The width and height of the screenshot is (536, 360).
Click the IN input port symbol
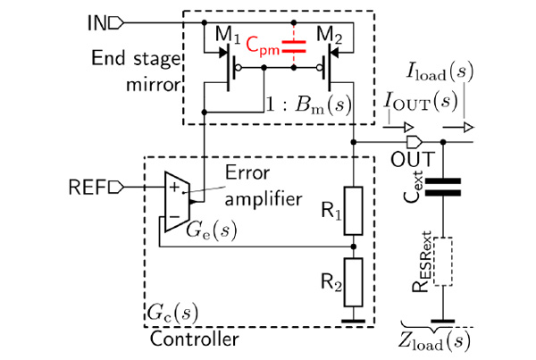coord(116,23)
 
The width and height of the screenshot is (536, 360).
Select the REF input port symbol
coord(116,187)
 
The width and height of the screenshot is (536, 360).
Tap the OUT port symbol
coord(415,141)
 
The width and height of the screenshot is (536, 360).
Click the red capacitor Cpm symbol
coord(294,46)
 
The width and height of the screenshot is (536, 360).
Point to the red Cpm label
coord(263,46)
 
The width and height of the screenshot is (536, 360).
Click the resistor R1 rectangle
coord(354,211)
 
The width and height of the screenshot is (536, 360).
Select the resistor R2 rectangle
coord(354,282)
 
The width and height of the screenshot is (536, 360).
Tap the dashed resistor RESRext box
coord(443,262)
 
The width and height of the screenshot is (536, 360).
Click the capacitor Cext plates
coord(443,187)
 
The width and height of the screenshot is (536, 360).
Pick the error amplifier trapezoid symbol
coord(177,202)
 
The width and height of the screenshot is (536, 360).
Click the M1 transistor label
coord(228,35)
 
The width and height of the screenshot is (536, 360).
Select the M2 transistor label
coord(329,35)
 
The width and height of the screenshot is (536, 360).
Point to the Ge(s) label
coord(211,230)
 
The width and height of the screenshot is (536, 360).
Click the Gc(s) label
coord(172,313)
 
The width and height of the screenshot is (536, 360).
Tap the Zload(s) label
coord(434,342)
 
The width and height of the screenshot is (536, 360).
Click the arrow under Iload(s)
coord(458,128)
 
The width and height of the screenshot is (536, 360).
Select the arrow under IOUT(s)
coord(398,128)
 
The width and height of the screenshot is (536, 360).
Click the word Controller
coord(194,339)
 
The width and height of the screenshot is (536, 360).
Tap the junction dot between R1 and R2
coord(354,247)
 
